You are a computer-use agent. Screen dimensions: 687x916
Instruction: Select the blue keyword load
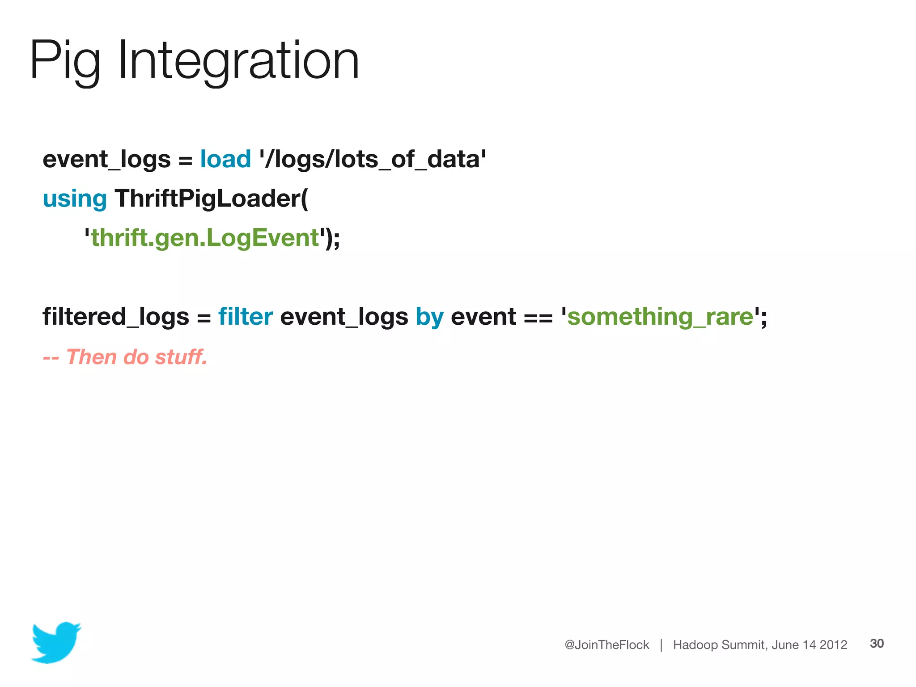point(225,159)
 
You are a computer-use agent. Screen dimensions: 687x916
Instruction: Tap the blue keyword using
point(75,199)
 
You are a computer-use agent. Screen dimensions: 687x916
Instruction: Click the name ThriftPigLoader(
point(212,199)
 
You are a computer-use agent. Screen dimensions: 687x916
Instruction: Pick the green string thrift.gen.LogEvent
point(205,237)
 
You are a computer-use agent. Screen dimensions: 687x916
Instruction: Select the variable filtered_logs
point(116,317)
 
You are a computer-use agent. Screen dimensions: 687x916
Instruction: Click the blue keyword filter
point(246,317)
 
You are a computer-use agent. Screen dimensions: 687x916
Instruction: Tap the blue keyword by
point(429,317)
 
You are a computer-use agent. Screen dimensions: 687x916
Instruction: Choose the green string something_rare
point(660,317)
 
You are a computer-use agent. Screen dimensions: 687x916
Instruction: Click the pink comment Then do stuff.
point(136,357)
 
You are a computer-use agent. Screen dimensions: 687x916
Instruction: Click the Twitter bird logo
point(56,642)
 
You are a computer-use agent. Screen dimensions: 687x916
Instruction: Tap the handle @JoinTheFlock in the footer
point(606,645)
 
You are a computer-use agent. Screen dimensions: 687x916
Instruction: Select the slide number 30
point(877,643)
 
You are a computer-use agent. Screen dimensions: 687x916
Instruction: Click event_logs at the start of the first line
point(106,159)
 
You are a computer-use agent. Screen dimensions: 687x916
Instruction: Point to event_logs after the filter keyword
point(344,317)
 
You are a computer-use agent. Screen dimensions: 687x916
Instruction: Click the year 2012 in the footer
point(833,645)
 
